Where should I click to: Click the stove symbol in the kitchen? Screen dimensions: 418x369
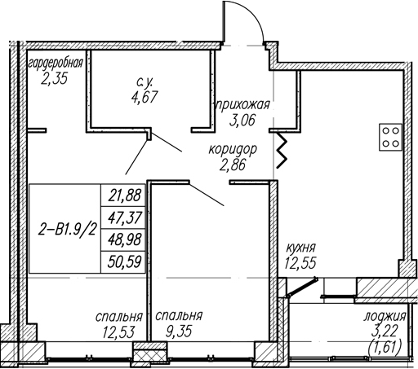coord(390,137)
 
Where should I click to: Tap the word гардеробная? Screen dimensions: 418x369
coord(56,64)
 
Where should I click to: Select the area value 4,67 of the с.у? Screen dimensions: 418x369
coord(145,96)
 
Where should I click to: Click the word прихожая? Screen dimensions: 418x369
coord(242,105)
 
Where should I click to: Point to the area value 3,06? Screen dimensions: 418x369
coord(242,120)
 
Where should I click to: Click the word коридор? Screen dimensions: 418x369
coord(233,150)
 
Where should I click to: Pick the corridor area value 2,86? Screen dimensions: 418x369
coord(233,165)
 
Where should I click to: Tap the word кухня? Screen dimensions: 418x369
coord(300,248)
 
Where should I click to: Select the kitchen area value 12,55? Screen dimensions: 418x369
coord(300,262)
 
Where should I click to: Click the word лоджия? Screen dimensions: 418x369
coord(385,317)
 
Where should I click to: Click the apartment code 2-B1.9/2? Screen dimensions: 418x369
coord(68,231)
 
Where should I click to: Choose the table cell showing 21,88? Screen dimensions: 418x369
coord(123,195)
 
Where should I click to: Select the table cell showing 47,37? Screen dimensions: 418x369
coord(123,217)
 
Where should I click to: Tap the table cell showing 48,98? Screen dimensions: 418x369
coord(123,240)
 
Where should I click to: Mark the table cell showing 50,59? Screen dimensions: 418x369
coord(123,262)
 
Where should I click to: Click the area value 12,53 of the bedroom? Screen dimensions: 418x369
coord(118,332)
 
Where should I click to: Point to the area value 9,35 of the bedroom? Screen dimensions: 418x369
coord(179,332)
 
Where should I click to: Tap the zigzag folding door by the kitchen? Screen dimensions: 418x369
coord(282,150)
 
